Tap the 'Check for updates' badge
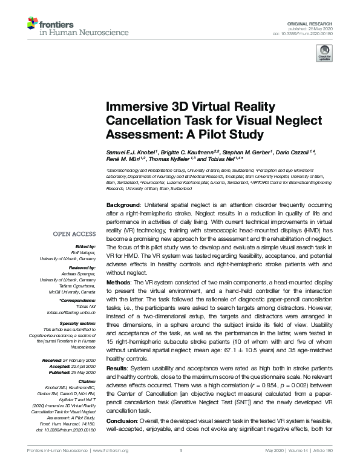325,55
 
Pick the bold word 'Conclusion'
123,421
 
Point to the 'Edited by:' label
84,247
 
